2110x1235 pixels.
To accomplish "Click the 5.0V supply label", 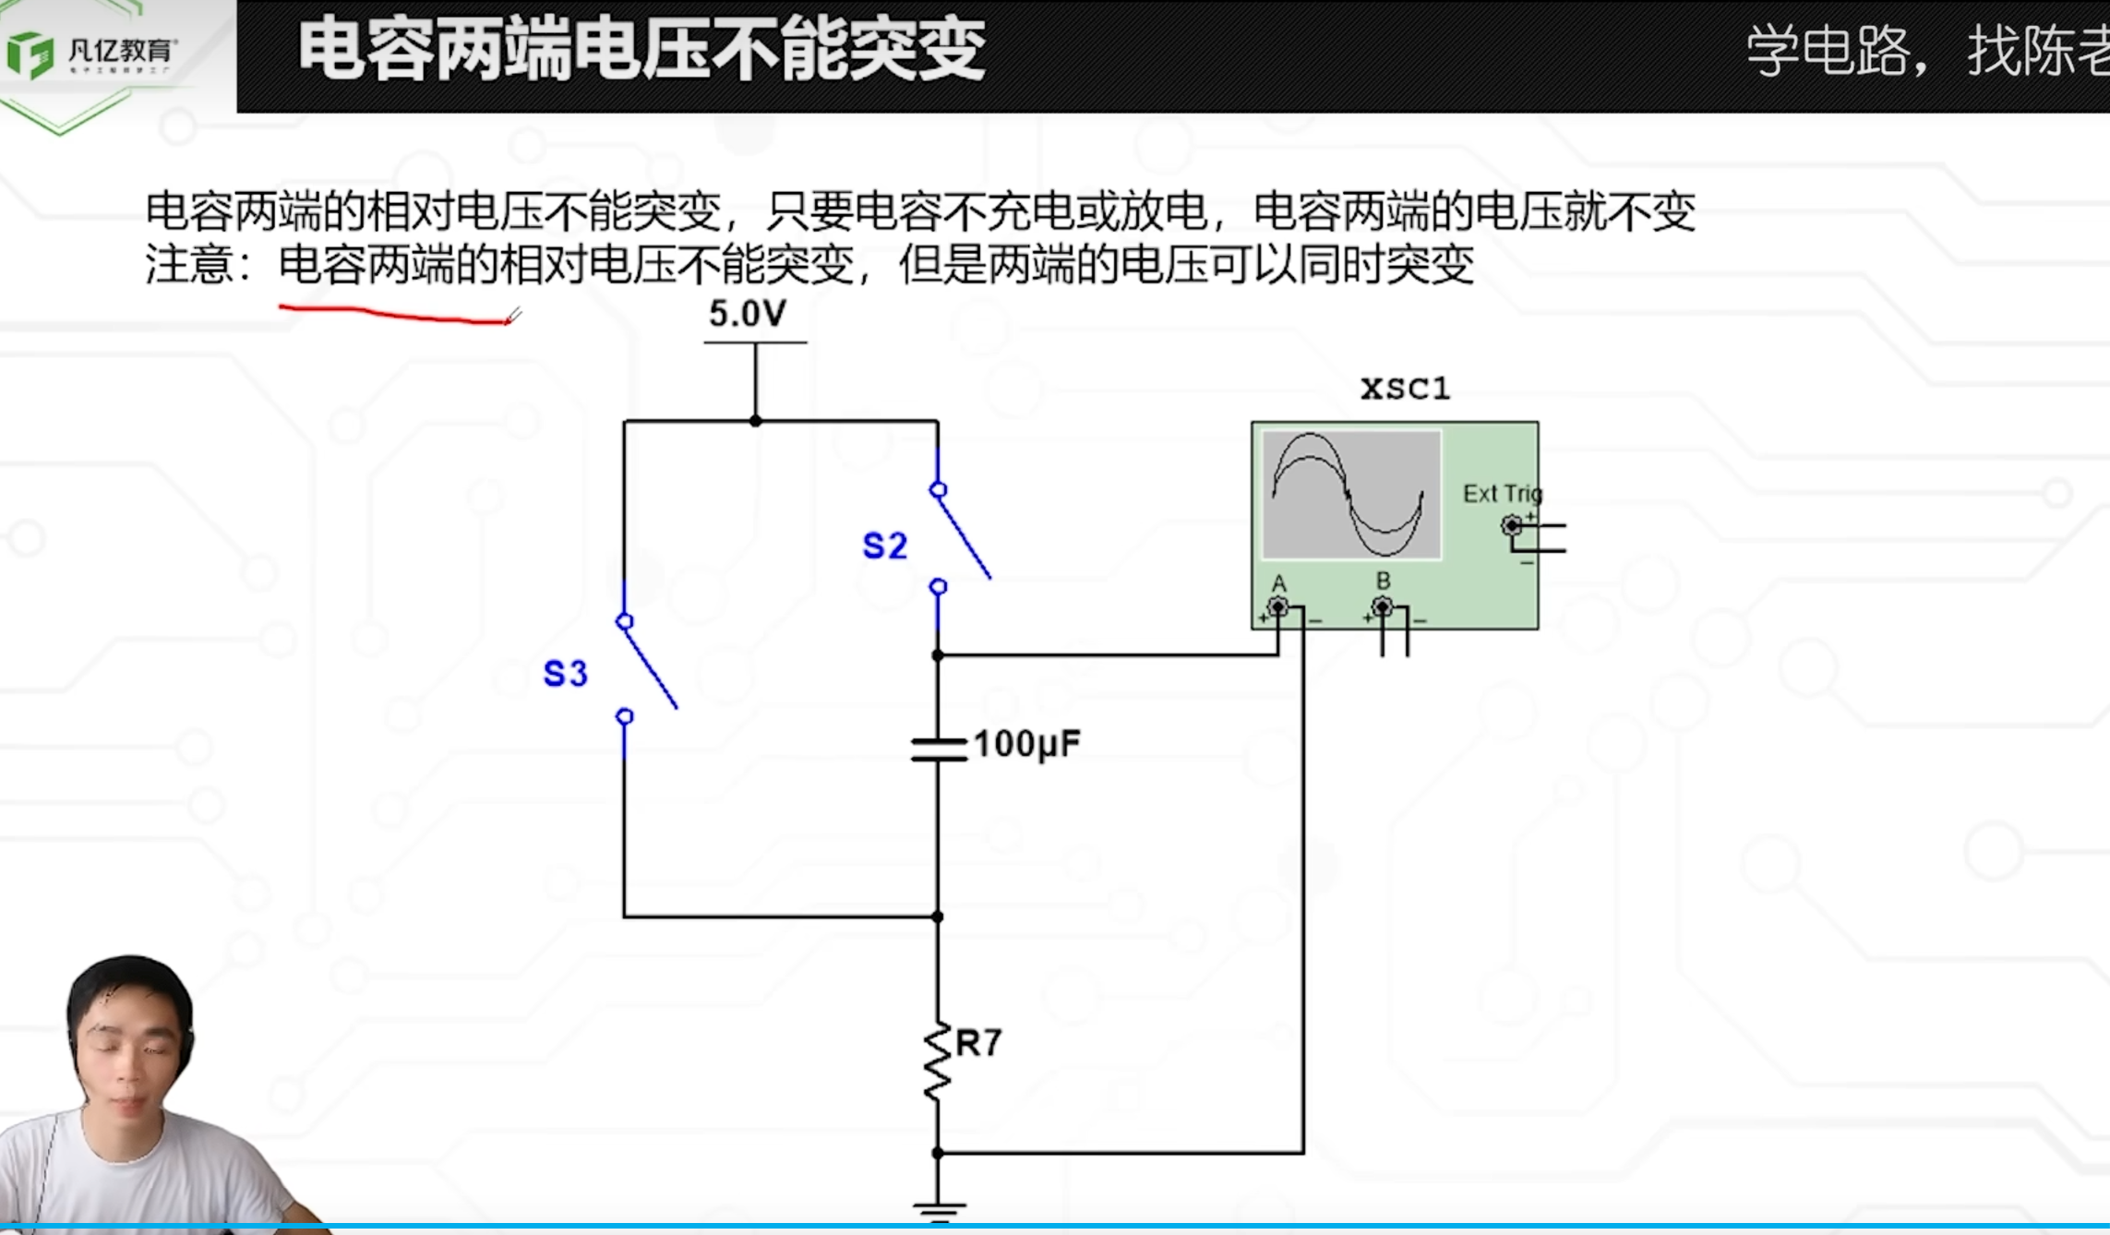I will [x=747, y=315].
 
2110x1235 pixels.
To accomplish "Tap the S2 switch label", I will [x=884, y=546].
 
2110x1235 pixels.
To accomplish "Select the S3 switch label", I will [x=565, y=674].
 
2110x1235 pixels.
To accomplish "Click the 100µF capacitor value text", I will [x=1025, y=744].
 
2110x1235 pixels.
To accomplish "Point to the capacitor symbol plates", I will [x=938, y=749].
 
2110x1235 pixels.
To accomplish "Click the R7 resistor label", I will [x=978, y=1043].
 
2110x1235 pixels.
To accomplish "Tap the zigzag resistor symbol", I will [x=937, y=1061].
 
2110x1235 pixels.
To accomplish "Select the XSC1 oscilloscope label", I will [x=1405, y=389].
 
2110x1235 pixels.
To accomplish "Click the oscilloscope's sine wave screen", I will [x=1351, y=495].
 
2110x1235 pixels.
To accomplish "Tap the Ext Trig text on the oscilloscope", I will [x=1501, y=494].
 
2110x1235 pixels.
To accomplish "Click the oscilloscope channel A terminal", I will [x=1278, y=607].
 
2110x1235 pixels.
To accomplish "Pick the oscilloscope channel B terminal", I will [x=1382, y=607].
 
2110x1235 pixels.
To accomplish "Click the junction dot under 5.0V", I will [x=756, y=421].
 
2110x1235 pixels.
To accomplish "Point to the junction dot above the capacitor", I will [x=938, y=655].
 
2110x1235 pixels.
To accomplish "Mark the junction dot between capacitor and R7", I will [x=938, y=917].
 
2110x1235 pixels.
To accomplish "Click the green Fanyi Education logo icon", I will [x=30, y=54].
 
